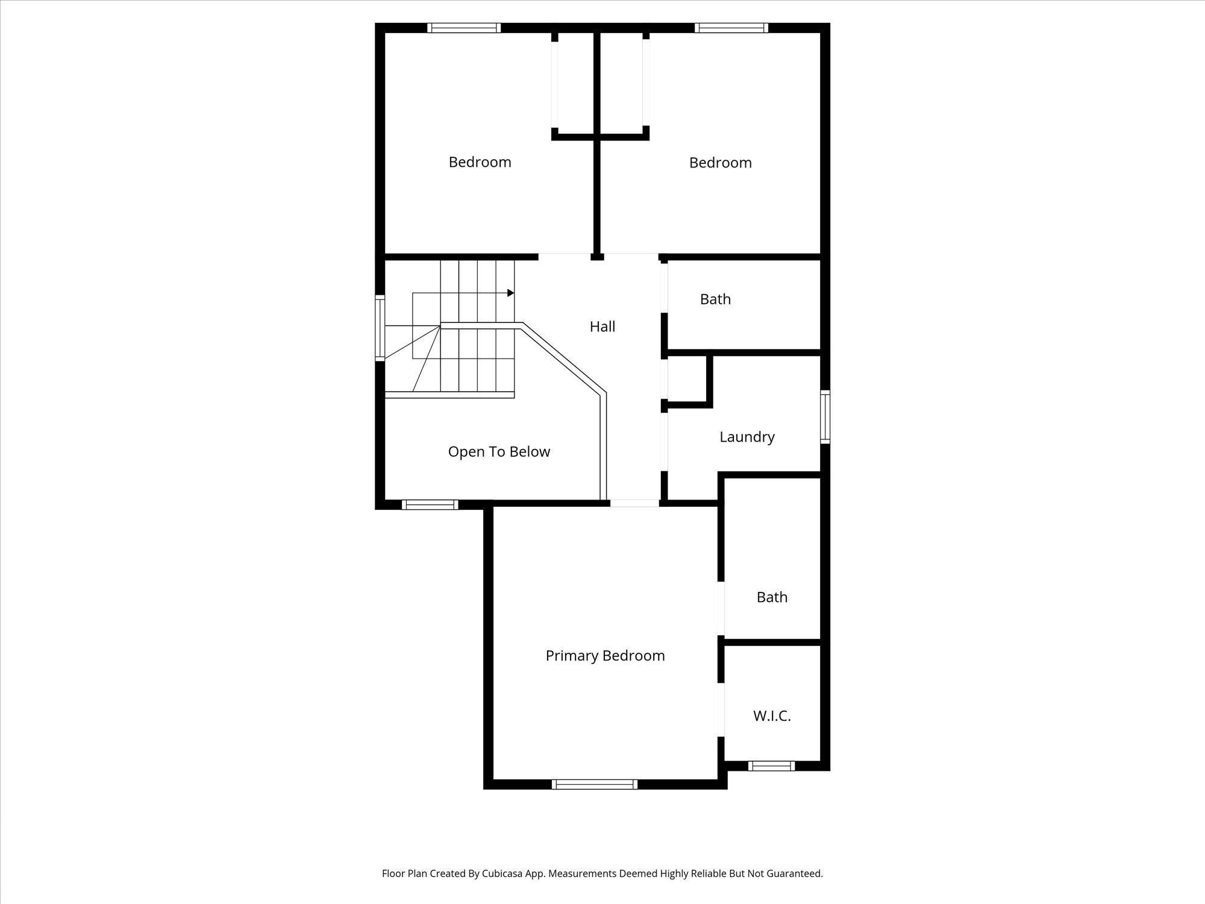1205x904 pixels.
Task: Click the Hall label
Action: pyautogui.click(x=602, y=327)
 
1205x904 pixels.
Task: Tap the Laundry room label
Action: pyautogui.click(x=746, y=437)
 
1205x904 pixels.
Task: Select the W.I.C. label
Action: pyautogui.click(x=772, y=716)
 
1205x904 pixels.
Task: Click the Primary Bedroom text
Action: pyautogui.click(x=605, y=656)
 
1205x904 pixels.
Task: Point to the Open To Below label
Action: pyautogui.click(x=499, y=452)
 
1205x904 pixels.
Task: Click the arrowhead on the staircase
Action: pyautogui.click(x=510, y=293)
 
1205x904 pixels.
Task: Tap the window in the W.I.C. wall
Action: pyautogui.click(x=771, y=766)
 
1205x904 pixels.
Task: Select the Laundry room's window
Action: pyautogui.click(x=825, y=417)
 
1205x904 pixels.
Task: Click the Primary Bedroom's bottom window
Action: pyautogui.click(x=594, y=784)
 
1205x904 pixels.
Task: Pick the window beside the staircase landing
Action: pyautogui.click(x=380, y=328)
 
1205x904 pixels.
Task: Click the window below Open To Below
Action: pyautogui.click(x=430, y=504)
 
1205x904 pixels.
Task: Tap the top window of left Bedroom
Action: pyautogui.click(x=464, y=28)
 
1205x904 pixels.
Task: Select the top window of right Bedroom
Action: pyautogui.click(x=731, y=28)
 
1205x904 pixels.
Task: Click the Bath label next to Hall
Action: pyautogui.click(x=715, y=300)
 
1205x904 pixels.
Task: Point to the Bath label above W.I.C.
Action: pyautogui.click(x=772, y=597)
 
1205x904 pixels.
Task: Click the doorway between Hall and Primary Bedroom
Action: pyautogui.click(x=634, y=503)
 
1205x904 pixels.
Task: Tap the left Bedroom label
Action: pyautogui.click(x=480, y=162)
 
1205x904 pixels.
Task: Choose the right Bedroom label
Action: pyautogui.click(x=720, y=163)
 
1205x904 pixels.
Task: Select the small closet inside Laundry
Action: pyautogui.click(x=687, y=378)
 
